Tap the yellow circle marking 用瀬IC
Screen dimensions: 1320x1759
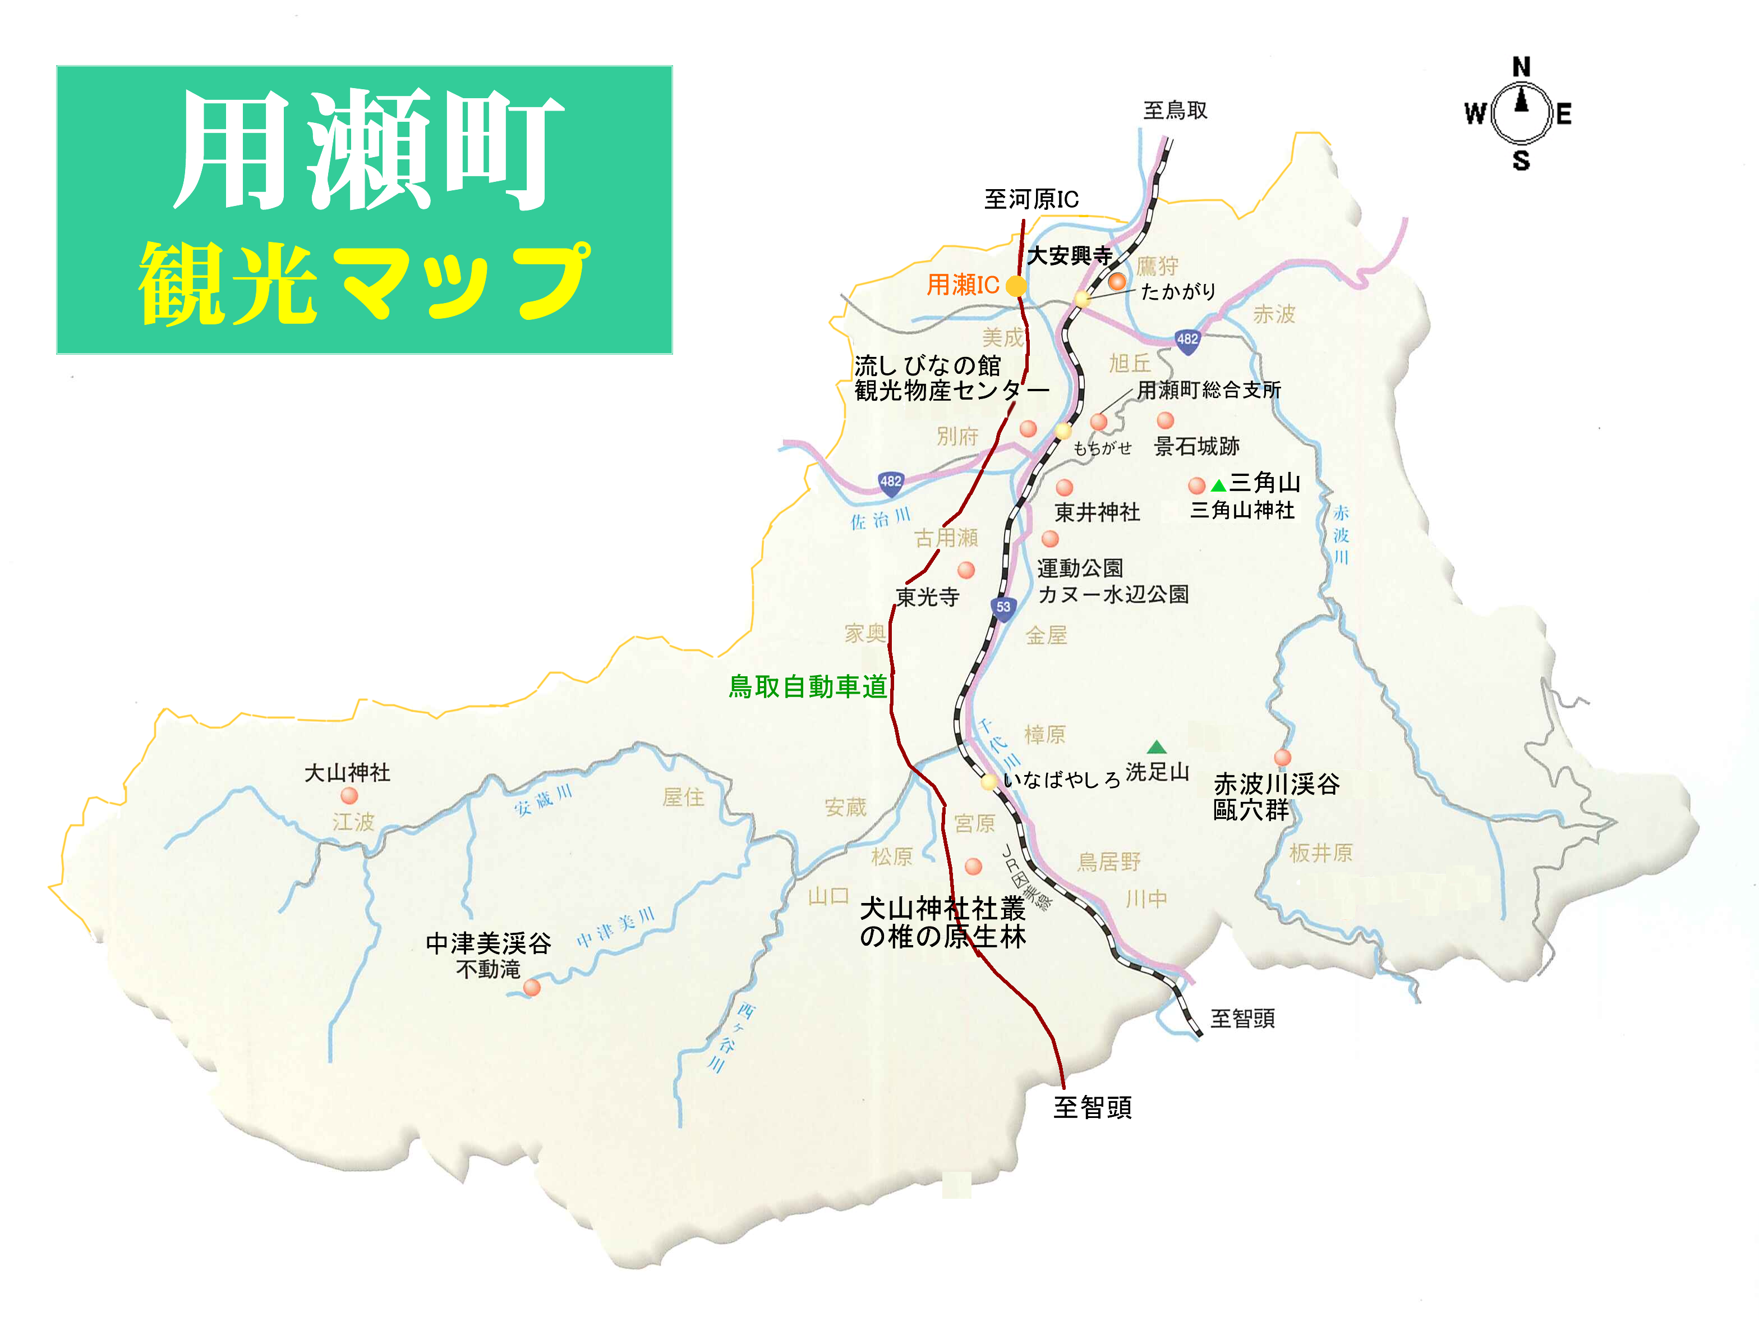[1016, 286]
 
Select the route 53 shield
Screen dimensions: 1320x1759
[1003, 608]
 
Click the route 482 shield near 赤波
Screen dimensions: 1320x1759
[1187, 340]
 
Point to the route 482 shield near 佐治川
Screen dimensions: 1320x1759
[891, 482]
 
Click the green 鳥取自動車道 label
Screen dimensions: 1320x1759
[807, 686]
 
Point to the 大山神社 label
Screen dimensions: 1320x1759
[348, 773]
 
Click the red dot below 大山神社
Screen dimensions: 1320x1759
[349, 796]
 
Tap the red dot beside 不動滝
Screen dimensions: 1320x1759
[532, 987]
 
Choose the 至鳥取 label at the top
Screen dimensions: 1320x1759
[1175, 111]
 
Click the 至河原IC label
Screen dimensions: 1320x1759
[1032, 199]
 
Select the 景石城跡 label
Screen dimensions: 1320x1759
[1197, 446]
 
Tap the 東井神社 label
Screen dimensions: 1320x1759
[1097, 512]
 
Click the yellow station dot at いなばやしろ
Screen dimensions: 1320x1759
[988, 782]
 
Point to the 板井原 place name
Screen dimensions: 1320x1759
[1321, 853]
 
